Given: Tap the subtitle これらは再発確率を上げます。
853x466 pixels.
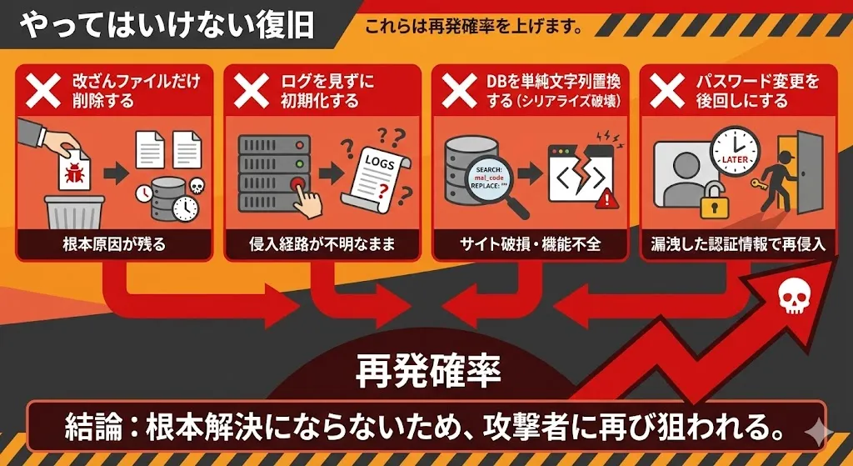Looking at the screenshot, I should [x=472, y=26].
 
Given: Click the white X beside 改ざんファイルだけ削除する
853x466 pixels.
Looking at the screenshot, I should [x=44, y=91].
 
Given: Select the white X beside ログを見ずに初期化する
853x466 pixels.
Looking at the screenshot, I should [x=251, y=91].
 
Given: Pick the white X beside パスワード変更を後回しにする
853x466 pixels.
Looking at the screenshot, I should [x=667, y=91].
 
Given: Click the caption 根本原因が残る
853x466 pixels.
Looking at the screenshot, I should [x=115, y=244].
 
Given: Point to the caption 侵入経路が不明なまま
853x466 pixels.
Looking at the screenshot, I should [x=322, y=244].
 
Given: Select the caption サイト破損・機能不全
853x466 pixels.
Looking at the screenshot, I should [x=530, y=244].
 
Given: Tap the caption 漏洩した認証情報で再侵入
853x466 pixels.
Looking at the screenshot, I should [x=737, y=244].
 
